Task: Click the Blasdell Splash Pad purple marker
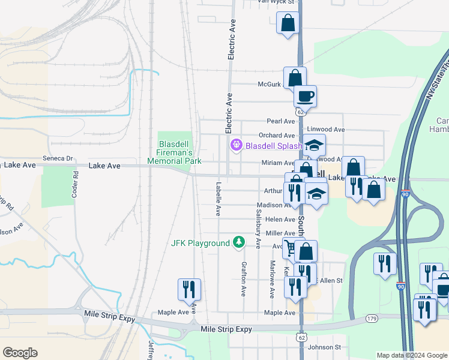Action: (x=237, y=145)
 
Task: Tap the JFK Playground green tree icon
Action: (x=240, y=242)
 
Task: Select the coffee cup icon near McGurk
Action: (x=305, y=96)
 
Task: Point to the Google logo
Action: (x=20, y=353)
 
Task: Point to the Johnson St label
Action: (x=324, y=347)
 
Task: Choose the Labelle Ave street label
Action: (x=218, y=199)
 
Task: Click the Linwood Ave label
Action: (x=326, y=130)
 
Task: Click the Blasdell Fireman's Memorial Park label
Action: (x=174, y=152)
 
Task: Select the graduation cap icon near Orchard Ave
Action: (x=313, y=146)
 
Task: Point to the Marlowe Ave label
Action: (x=272, y=280)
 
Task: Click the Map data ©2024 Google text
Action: (x=411, y=355)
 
